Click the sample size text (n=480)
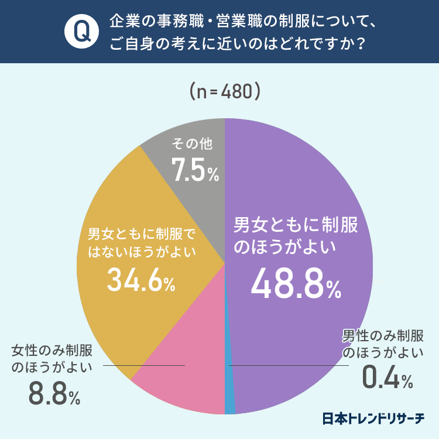(225, 92)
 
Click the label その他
(193, 143)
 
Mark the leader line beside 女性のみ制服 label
(143, 366)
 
